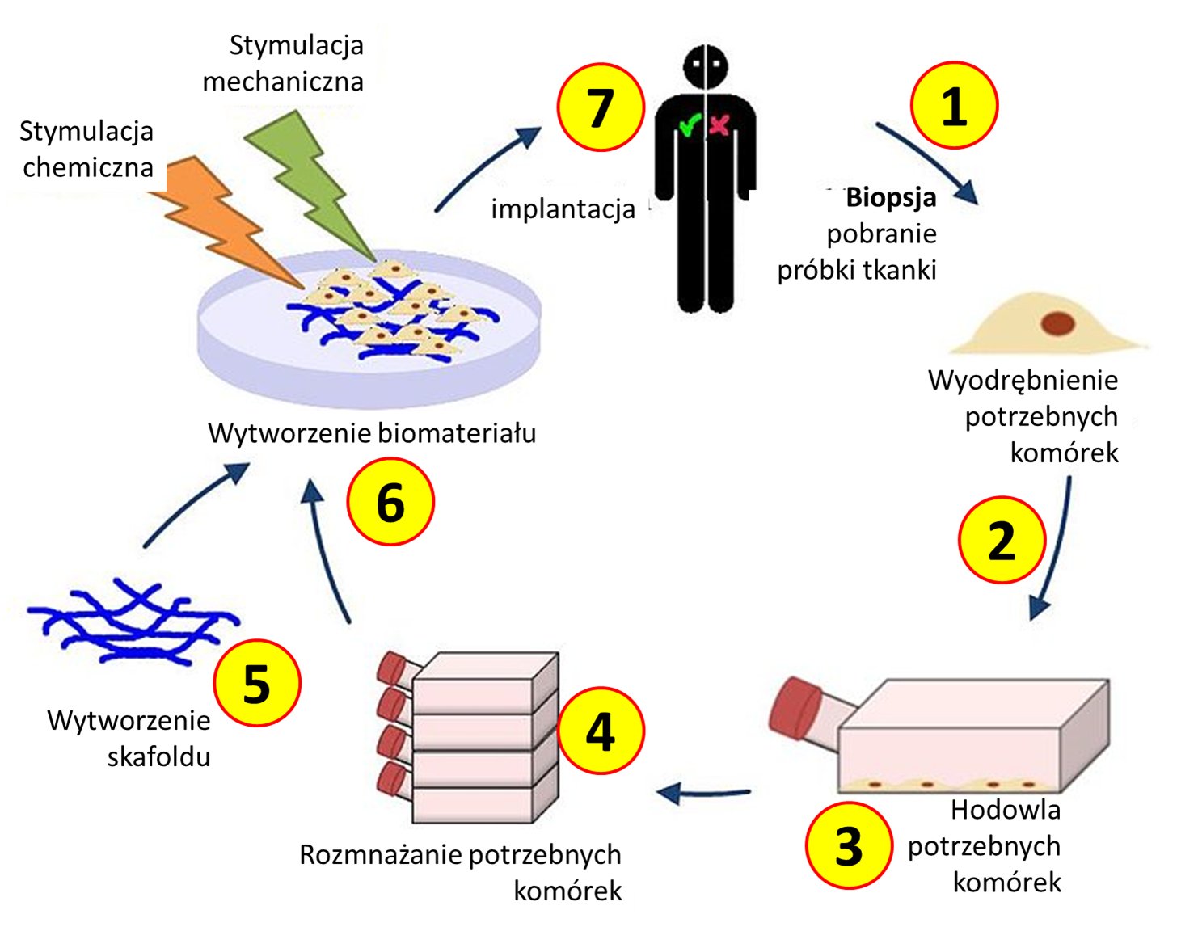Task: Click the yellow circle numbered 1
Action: (953, 105)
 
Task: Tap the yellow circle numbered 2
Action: (1002, 540)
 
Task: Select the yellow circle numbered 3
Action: (849, 845)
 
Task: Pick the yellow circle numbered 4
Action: (601, 731)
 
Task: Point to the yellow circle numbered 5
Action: (257, 682)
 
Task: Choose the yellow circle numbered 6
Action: (390, 501)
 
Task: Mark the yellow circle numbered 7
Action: (601, 107)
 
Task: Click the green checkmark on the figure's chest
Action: (690, 124)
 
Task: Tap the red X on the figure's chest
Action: (719, 125)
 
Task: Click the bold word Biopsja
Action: (891, 198)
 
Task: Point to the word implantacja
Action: (563, 209)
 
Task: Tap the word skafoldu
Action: (158, 756)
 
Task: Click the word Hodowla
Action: (1006, 810)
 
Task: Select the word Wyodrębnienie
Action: (1023, 381)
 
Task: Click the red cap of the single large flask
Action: (795, 708)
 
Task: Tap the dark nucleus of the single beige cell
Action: (1058, 323)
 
